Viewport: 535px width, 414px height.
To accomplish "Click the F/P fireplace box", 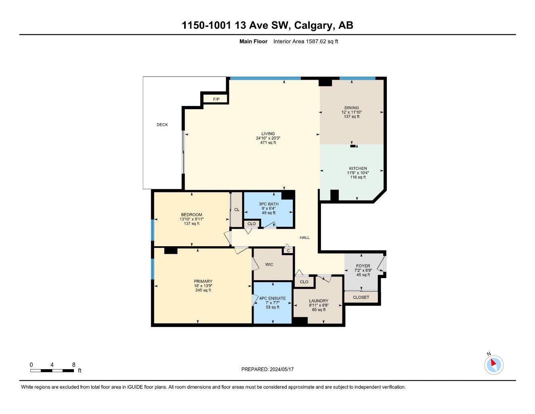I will tap(216, 99).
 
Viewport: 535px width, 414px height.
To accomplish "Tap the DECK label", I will tap(162, 125).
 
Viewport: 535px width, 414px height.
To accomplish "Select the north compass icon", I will tap(493, 365).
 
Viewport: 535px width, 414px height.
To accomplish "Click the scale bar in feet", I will tap(52, 370).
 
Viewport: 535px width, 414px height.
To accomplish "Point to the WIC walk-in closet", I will tap(269, 264).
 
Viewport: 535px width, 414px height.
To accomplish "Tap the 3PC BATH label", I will tap(269, 204).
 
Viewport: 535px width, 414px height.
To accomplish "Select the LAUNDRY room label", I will tap(319, 301).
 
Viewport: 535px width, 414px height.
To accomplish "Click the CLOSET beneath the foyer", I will tap(361, 297).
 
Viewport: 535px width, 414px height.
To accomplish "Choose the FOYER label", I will tap(363, 266).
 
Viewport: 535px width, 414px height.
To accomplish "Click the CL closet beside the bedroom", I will tap(237, 209).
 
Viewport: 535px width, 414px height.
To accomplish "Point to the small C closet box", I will tap(288, 251).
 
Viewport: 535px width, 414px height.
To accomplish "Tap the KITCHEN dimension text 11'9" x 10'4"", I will tap(358, 173).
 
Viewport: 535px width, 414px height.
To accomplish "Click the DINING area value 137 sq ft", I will tap(352, 116).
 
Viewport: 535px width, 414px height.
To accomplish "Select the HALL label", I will tap(304, 237).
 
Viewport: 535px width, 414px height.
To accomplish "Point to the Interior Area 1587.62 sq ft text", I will tap(306, 41).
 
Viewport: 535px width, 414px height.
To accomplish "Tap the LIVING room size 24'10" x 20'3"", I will tap(268, 138).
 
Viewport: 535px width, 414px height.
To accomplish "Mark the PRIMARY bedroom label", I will tap(203, 281).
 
